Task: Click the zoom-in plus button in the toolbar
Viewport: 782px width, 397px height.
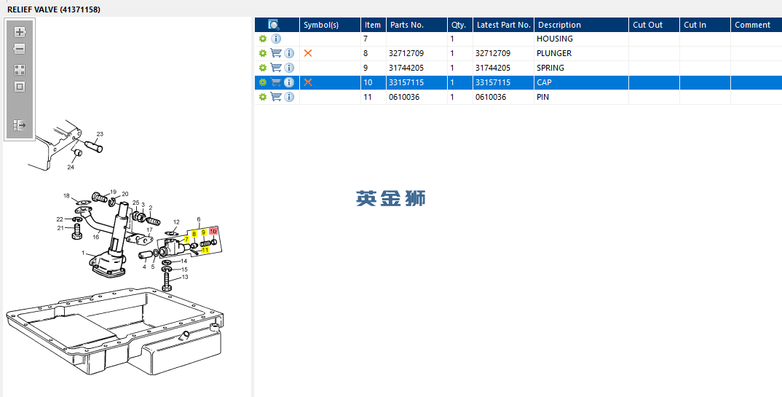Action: (x=20, y=33)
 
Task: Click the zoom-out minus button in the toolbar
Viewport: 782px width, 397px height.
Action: (x=20, y=49)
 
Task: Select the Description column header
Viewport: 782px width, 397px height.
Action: (x=559, y=25)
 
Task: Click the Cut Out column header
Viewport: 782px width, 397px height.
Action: (x=647, y=25)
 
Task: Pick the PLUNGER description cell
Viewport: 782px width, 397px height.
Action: (x=553, y=53)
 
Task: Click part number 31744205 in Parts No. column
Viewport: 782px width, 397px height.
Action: (x=406, y=68)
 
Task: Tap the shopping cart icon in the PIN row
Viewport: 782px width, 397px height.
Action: (x=276, y=97)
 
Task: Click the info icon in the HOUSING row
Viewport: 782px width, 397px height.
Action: (x=276, y=39)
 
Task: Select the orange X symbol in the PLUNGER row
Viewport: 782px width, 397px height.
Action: (x=308, y=53)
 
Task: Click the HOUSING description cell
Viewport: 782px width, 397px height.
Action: (x=554, y=39)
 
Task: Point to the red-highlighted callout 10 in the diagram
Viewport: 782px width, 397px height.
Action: (x=213, y=231)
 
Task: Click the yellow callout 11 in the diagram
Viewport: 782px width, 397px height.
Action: (x=205, y=249)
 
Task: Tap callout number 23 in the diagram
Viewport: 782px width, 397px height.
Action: (x=100, y=134)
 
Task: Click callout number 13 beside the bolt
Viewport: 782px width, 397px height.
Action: (x=185, y=277)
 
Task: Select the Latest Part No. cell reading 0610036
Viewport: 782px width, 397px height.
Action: (x=491, y=98)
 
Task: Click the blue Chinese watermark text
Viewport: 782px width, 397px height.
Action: (x=391, y=198)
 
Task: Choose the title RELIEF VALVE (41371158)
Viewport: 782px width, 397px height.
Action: (x=54, y=9)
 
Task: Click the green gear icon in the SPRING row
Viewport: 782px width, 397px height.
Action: (x=263, y=68)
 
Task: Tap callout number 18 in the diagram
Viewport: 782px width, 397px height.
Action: (x=66, y=196)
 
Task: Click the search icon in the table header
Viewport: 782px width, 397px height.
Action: (x=274, y=25)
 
